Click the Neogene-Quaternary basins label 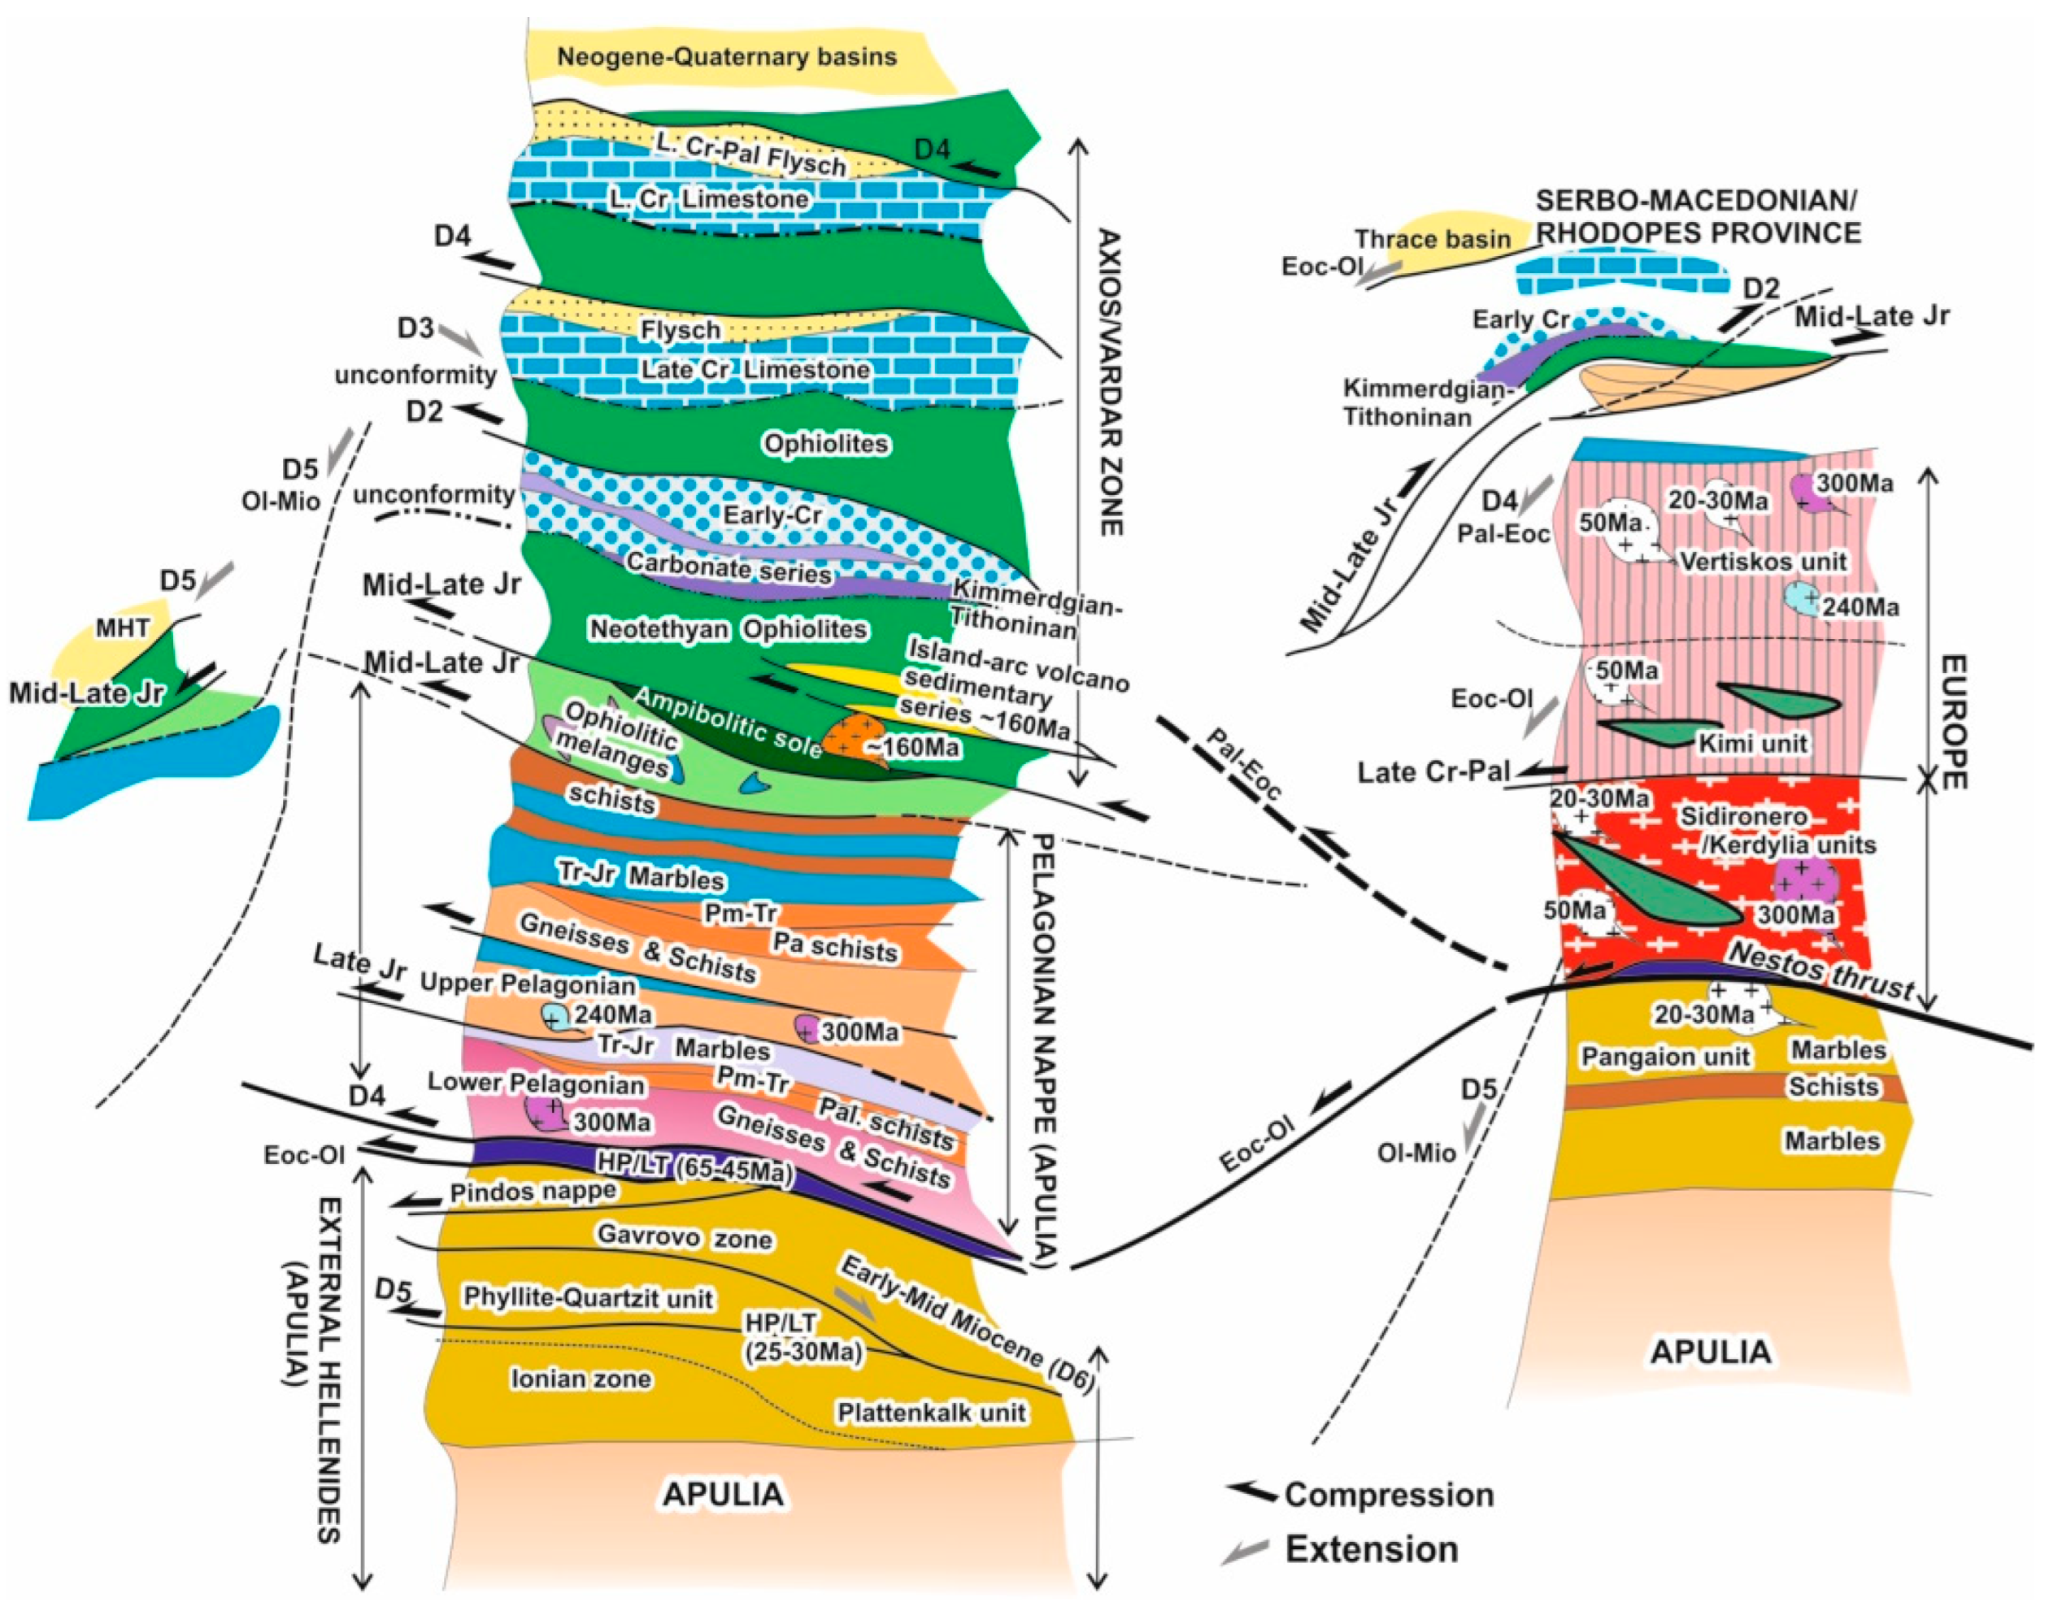[x=726, y=57]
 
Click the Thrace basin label [x=1432, y=239]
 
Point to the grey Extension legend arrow [x=1245, y=1551]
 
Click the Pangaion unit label [x=1665, y=1057]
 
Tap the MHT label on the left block [x=123, y=627]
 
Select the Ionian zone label [x=581, y=1378]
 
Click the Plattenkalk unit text [x=931, y=1412]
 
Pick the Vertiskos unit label [x=1763, y=561]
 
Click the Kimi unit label [x=1752, y=743]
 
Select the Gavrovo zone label [x=683, y=1237]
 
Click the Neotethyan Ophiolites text [x=728, y=629]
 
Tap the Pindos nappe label [x=533, y=1192]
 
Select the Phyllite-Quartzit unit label [x=587, y=1297]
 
